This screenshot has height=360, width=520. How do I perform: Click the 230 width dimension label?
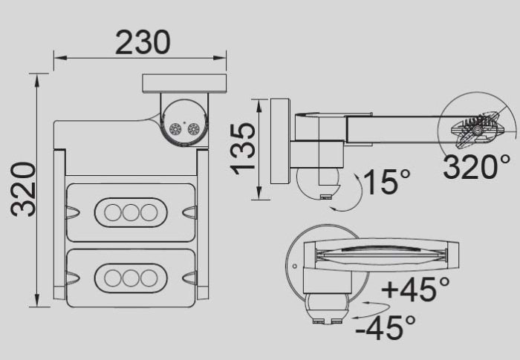pos(143,42)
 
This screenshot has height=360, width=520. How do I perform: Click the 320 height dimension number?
pos(23,189)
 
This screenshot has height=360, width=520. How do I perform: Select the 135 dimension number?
pos(243,148)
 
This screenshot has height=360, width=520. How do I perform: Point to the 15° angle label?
pos(387,182)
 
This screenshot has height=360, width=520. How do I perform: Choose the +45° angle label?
pos(415,289)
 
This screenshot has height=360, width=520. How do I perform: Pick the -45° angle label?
pos(386,327)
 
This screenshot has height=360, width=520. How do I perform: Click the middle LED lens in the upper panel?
pos(131,212)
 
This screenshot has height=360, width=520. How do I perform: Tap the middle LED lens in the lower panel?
pos(131,278)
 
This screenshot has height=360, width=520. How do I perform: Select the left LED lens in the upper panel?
pos(113,212)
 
